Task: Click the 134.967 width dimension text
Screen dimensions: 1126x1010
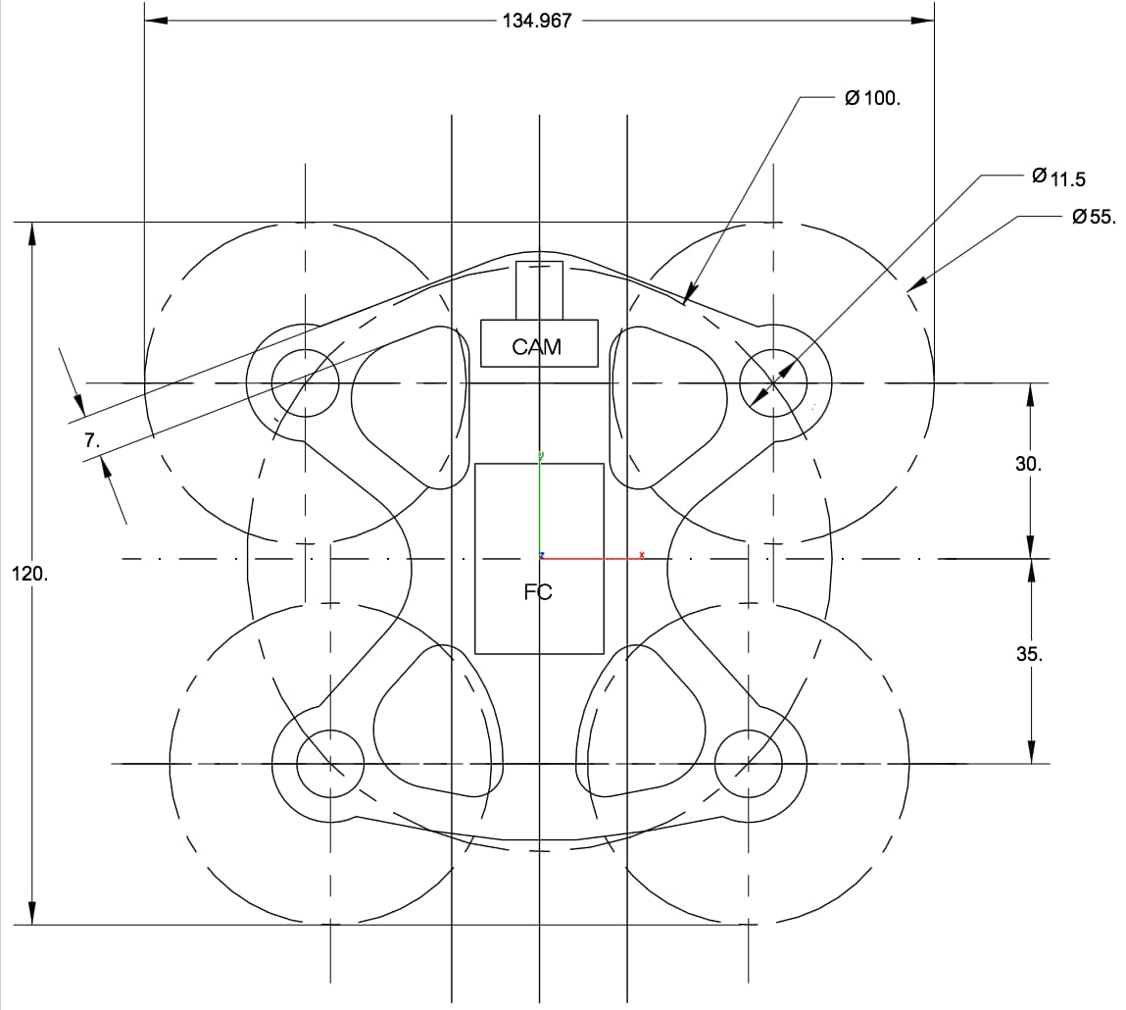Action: (x=536, y=21)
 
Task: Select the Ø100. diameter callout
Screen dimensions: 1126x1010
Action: (x=872, y=98)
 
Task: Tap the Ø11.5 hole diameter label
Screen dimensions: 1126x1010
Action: (x=1058, y=177)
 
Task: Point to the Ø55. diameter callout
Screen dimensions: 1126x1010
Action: (x=1094, y=217)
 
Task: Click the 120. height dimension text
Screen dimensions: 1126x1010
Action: (x=30, y=574)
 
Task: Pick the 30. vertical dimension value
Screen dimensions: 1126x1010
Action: (x=1028, y=464)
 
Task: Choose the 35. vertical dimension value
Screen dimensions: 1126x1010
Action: (x=1029, y=654)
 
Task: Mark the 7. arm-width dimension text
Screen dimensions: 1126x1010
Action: (x=92, y=440)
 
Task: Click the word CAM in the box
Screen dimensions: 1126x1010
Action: (x=536, y=347)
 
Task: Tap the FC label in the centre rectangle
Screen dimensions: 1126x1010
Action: (x=538, y=592)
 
